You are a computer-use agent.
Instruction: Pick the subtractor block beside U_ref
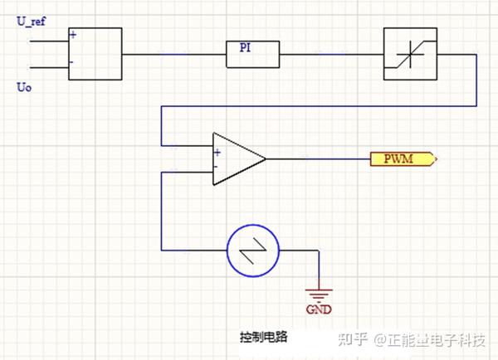(x=95, y=54)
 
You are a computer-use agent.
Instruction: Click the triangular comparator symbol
(x=237, y=158)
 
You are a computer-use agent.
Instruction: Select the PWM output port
(x=403, y=158)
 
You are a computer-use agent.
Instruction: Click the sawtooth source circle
(x=253, y=248)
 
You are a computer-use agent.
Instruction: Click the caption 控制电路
(x=259, y=337)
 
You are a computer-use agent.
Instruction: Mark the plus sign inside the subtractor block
(x=74, y=36)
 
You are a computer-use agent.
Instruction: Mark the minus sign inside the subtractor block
(x=73, y=62)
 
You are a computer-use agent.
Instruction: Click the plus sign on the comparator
(x=217, y=152)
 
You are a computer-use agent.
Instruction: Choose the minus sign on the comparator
(x=217, y=165)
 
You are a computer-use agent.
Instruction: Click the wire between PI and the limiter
(x=331, y=54)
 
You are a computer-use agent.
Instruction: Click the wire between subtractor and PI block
(x=173, y=54)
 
